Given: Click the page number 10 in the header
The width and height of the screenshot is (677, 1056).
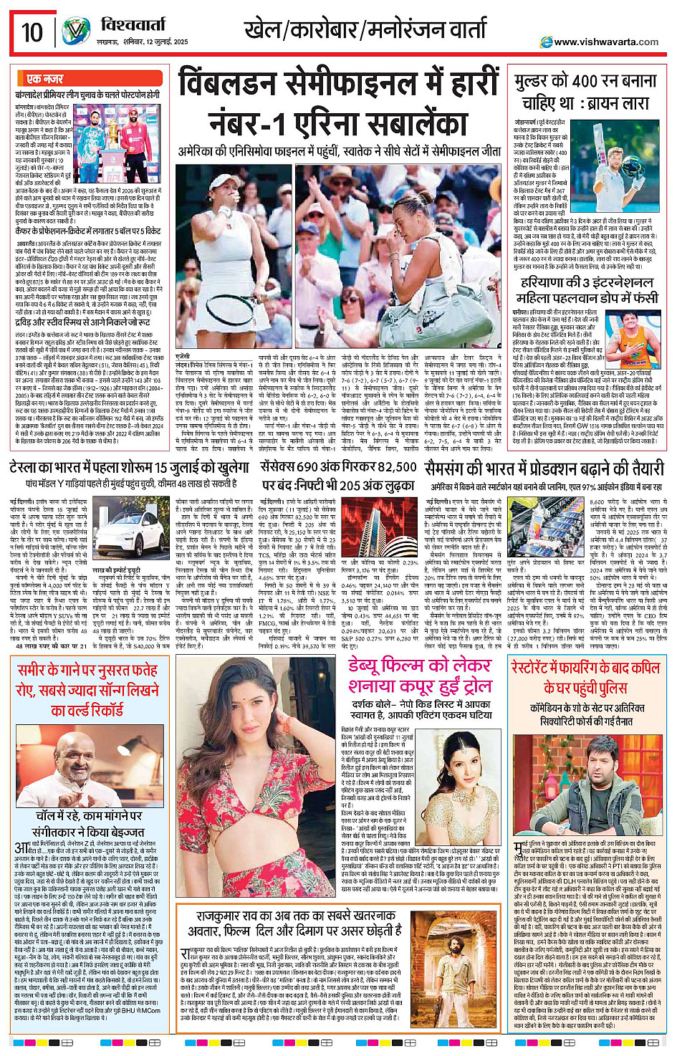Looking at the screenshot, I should click(x=32, y=32).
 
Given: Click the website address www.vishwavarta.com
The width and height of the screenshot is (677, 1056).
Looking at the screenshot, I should click(x=606, y=42).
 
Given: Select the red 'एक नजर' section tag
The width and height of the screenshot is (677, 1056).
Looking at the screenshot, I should click(x=44, y=79).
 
